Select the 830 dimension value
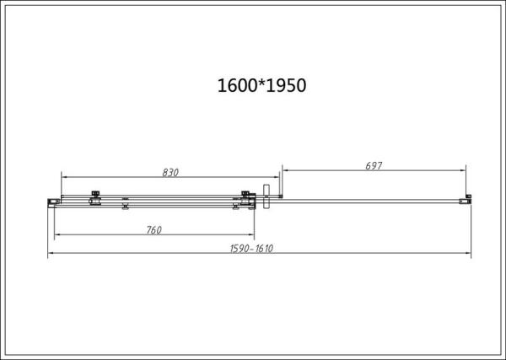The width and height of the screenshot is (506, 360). click(x=170, y=172)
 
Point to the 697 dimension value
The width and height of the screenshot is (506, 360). click(x=374, y=165)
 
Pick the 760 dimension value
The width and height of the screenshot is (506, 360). click(x=153, y=229)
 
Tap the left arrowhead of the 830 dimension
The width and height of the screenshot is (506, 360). click(x=65, y=178)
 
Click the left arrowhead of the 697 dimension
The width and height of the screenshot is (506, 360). click(x=284, y=171)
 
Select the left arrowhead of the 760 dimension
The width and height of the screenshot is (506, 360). click(x=57, y=235)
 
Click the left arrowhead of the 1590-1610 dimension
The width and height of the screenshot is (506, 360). click(x=51, y=254)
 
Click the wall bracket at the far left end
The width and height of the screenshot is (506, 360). click(x=51, y=201)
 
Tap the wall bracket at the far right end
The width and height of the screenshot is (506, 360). click(x=465, y=201)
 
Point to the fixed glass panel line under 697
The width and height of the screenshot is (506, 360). click(x=371, y=201)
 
